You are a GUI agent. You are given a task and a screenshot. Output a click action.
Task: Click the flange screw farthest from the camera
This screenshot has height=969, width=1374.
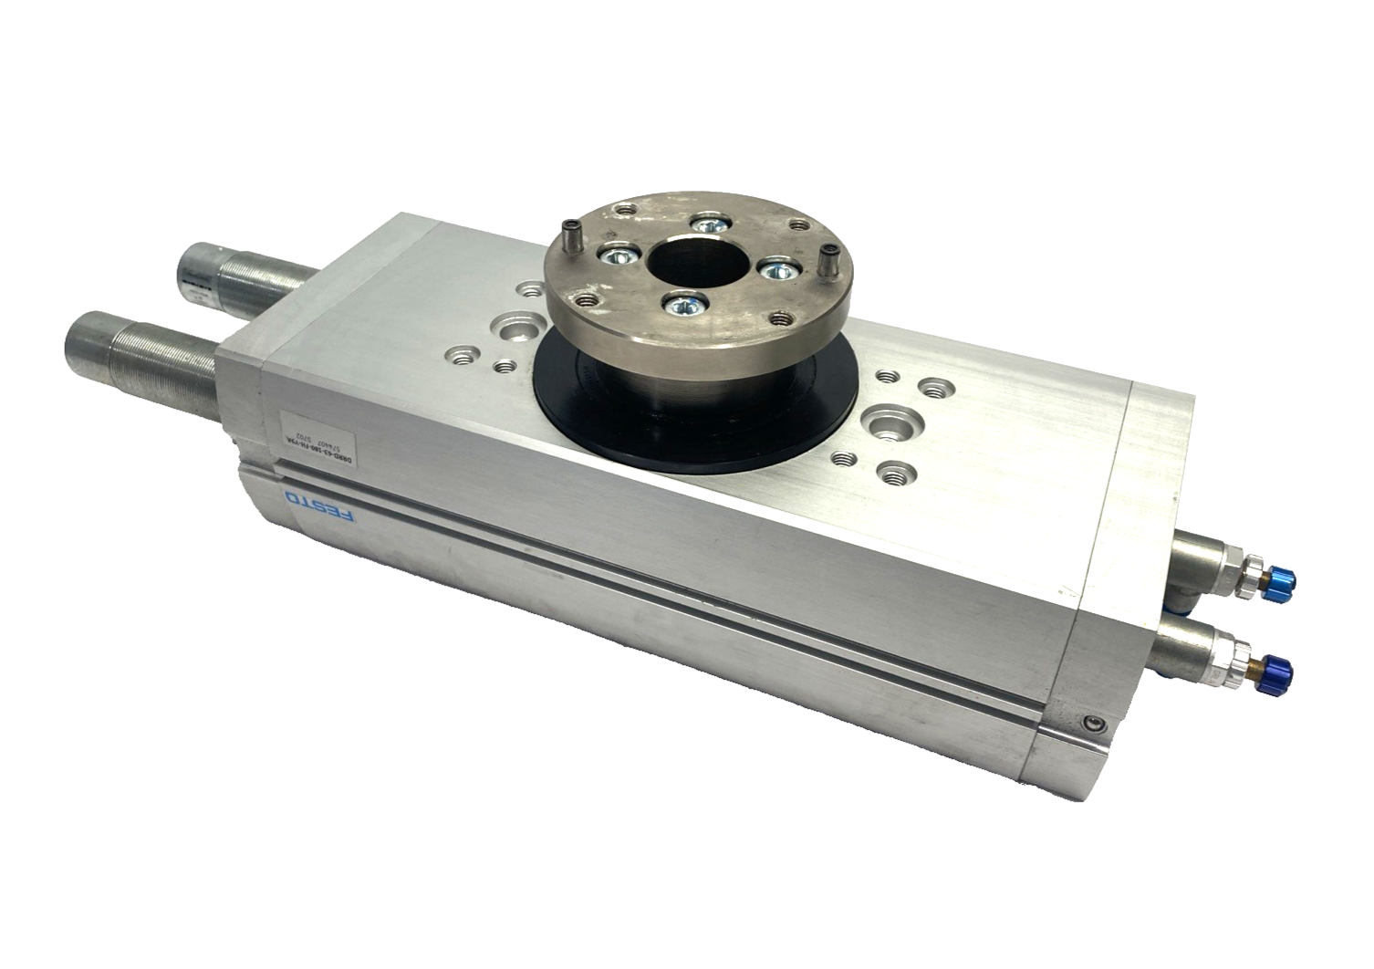(707, 224)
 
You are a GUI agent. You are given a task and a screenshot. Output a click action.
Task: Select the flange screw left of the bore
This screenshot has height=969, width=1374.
(616, 256)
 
